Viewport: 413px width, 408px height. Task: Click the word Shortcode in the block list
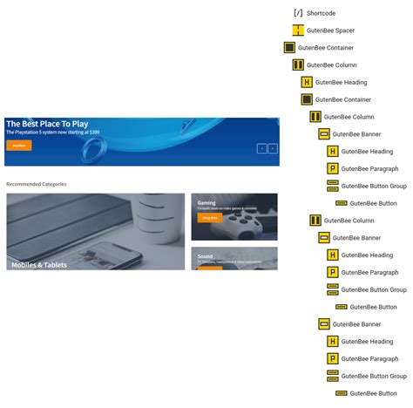[321, 13]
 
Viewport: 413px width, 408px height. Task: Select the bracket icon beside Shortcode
[298, 13]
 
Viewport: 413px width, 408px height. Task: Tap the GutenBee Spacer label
[330, 31]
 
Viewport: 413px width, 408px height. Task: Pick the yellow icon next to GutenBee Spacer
[298, 31]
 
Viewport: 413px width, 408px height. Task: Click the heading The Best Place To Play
[47, 124]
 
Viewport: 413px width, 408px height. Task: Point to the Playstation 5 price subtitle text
[52, 133]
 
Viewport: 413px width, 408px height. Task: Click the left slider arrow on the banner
[261, 149]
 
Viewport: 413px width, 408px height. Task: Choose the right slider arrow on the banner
[272, 149]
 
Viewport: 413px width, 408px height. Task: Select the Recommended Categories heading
[36, 184]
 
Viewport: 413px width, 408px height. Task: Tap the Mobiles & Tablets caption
[39, 264]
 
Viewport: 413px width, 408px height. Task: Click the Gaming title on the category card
[206, 202]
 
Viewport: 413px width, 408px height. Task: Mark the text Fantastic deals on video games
[227, 208]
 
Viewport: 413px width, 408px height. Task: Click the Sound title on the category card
[206, 256]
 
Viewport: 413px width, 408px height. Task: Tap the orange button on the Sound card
[209, 268]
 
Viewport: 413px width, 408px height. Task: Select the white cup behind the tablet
[149, 209]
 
